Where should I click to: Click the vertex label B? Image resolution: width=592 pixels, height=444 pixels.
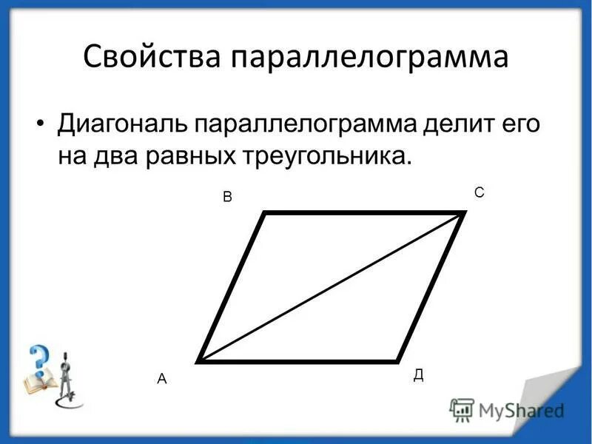click(228, 198)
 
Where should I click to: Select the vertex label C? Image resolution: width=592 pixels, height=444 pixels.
click(479, 192)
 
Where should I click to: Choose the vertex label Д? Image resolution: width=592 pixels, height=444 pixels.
click(418, 374)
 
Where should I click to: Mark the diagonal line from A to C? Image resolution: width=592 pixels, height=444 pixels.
click(332, 287)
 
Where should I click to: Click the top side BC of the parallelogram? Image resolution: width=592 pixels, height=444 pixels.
click(363, 213)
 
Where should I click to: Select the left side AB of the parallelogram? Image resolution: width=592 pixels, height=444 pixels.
click(232, 287)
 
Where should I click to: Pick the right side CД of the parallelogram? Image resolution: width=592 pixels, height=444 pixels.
click(431, 287)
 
